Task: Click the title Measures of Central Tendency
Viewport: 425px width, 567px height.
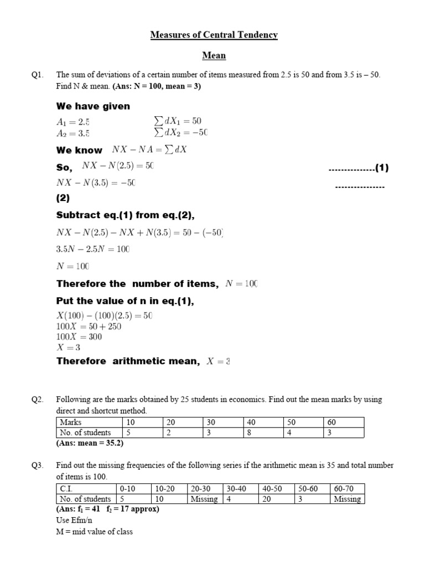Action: pos(214,35)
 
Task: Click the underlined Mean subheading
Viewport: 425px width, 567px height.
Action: pos(214,56)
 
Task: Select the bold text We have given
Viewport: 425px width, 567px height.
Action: pos(93,106)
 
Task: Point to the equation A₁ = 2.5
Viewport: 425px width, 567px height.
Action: pos(72,121)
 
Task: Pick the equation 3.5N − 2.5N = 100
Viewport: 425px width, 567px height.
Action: pos(92,249)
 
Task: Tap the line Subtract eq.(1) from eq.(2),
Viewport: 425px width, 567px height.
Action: pos(125,215)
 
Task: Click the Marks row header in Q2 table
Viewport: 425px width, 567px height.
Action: pos(70,422)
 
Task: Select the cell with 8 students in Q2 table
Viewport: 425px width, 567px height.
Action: pos(263,432)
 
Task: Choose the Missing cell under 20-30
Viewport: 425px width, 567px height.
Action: pos(204,498)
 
